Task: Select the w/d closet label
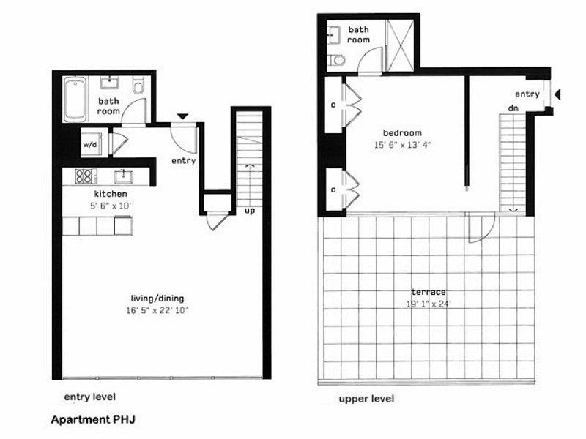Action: click(x=90, y=144)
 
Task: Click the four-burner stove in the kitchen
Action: click(x=84, y=176)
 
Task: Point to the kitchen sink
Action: click(x=123, y=176)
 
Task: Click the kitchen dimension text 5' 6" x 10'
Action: click(x=111, y=206)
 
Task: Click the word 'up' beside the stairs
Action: click(x=250, y=211)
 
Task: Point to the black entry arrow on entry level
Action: click(x=182, y=116)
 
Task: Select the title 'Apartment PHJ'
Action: click(x=92, y=421)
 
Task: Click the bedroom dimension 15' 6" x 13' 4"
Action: click(x=403, y=145)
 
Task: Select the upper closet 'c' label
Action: click(x=333, y=105)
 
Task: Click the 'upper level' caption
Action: click(x=366, y=399)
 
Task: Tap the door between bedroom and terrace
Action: click(x=475, y=228)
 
